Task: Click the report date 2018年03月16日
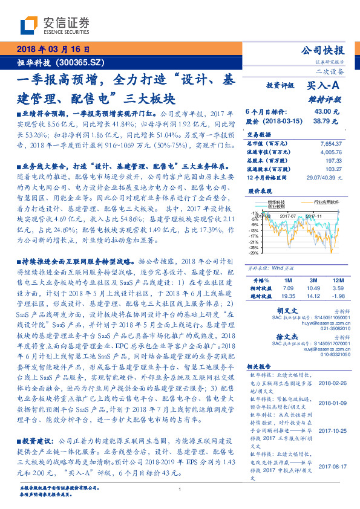(54, 50)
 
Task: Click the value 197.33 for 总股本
(333, 162)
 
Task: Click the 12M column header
(338, 281)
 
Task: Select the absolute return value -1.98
(338, 296)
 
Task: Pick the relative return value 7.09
(287, 289)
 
